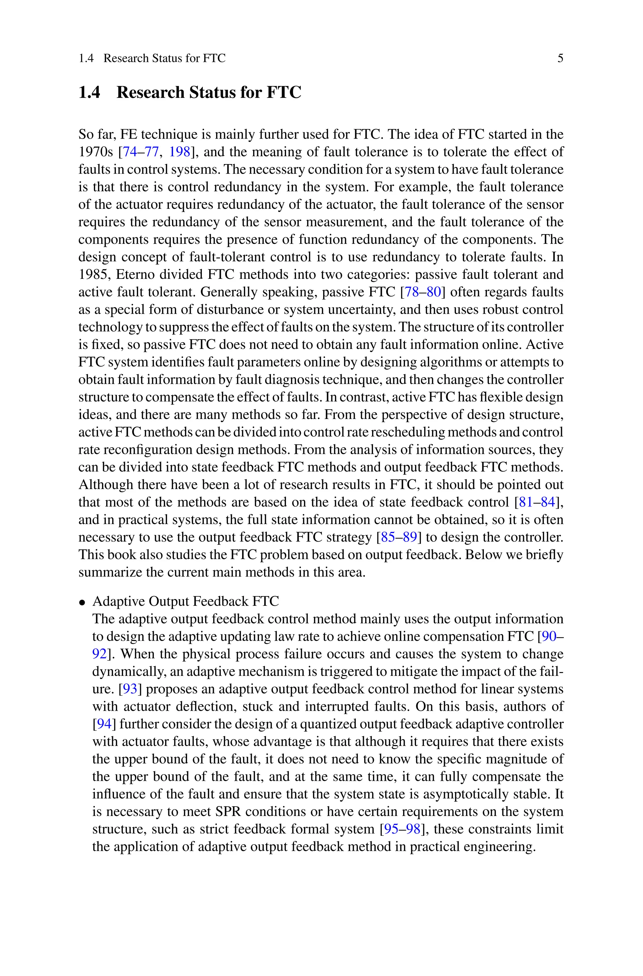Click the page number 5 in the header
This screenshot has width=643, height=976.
[x=560, y=58]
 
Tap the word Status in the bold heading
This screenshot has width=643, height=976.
[x=213, y=92]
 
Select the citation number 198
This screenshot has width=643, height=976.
[x=180, y=152]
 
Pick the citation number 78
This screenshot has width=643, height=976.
[x=412, y=292]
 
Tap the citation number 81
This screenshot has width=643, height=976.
[x=526, y=502]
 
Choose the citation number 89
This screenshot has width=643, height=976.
[x=410, y=537]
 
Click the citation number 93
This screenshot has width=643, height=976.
[x=130, y=689]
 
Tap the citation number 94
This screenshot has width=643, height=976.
[x=104, y=724]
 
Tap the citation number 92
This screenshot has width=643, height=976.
[x=99, y=654]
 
